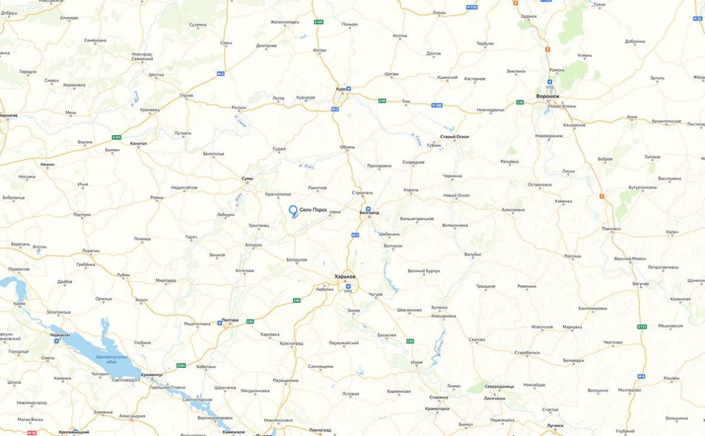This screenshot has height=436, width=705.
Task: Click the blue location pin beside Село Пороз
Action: pos(293,210)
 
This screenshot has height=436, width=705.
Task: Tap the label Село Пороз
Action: pos(313,210)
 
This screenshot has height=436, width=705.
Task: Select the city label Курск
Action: pos(340,89)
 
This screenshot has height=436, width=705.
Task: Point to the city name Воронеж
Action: pos(548,96)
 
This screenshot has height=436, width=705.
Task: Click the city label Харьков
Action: pos(345,277)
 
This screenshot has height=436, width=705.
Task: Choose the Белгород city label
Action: pos(368,213)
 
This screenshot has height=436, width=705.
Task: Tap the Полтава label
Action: pos(230,320)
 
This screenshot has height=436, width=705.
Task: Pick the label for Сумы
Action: pos(247,179)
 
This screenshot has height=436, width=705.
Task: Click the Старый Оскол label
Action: pos(454,137)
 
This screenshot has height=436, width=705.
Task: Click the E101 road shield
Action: pos(117,137)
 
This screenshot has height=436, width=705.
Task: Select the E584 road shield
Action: pos(181,365)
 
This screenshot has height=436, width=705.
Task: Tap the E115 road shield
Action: pos(642,326)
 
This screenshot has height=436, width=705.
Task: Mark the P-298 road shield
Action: pos(437,106)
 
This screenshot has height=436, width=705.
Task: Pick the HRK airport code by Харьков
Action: pos(348,291)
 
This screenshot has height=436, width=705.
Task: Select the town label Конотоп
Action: pos(139,144)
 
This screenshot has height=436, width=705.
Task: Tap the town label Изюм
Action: pos(417,362)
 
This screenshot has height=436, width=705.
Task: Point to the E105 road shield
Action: pos(319,22)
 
